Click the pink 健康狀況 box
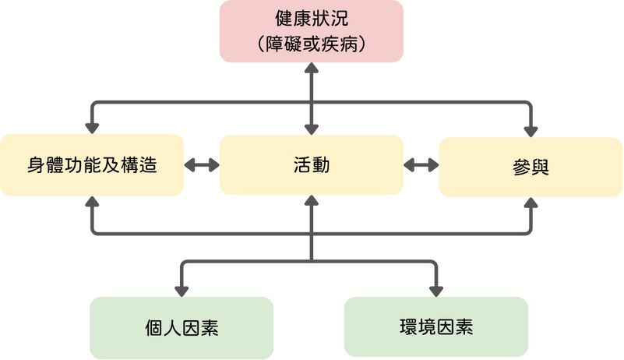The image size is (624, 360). coord(312,31)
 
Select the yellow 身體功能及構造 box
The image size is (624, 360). coord(92,165)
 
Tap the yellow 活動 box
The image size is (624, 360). coord(312,165)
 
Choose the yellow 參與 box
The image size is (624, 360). coord(531,167)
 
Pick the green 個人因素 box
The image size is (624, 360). coord(182,327)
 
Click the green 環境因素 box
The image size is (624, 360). coord(435,327)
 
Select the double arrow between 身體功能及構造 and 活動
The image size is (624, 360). coord(202,165)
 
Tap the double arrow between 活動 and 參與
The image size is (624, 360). coord(421,165)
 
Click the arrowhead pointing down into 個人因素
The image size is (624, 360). coord(182,290)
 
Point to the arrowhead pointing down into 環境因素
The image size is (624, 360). coord(435,290)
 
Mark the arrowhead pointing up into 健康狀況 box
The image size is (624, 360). coord(312,69)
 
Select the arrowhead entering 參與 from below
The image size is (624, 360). coord(531,203)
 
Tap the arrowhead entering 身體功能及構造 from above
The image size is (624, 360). coord(92,127)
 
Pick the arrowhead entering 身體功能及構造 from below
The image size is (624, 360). coord(92,201)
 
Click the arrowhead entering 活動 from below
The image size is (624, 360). coord(312,201)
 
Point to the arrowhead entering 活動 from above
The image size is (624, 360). coord(312,128)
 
